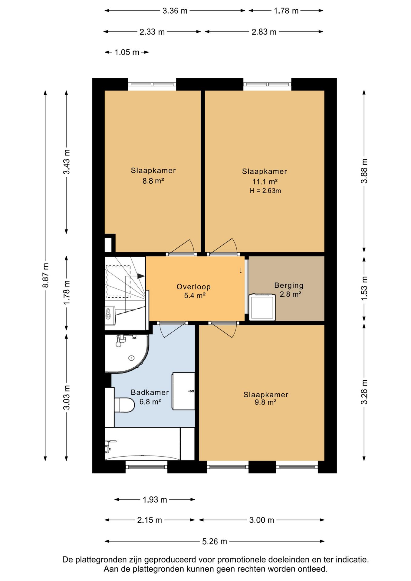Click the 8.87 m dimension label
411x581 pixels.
click(x=45, y=275)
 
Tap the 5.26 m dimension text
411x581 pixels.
click(x=215, y=541)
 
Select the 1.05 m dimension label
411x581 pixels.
click(x=127, y=52)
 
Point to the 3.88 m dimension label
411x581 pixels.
click(x=364, y=171)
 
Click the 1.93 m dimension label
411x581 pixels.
click(x=155, y=500)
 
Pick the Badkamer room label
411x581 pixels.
click(x=150, y=392)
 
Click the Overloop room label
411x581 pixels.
click(x=194, y=287)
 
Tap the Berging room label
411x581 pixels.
click(x=289, y=285)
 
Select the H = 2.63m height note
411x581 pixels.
click(x=265, y=191)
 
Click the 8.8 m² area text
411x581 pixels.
click(x=153, y=181)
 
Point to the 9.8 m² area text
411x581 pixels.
click(x=265, y=402)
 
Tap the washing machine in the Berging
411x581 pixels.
click(x=262, y=307)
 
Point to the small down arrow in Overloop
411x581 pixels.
click(x=241, y=271)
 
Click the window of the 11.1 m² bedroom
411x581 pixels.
click(x=267, y=84)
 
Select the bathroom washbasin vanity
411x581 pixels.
click(x=183, y=391)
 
